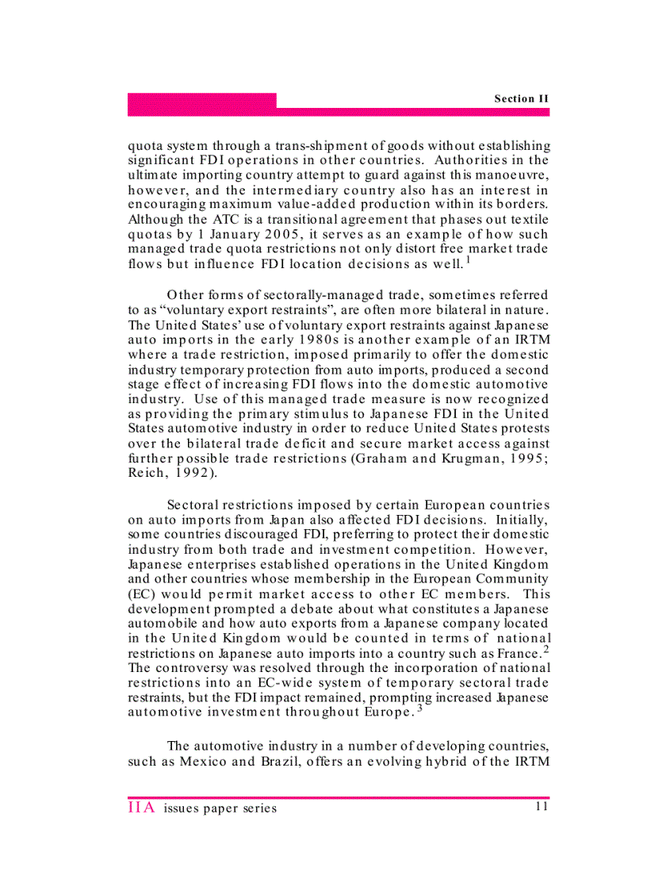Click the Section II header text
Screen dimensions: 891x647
tap(521, 98)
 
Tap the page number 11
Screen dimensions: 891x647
tap(542, 807)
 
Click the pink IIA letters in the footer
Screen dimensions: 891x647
tap(143, 808)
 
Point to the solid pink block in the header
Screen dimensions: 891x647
tap(202, 100)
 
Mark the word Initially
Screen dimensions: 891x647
tap(519, 520)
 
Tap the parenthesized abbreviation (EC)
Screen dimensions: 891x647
tap(141, 594)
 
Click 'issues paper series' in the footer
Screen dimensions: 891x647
tap(220, 808)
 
